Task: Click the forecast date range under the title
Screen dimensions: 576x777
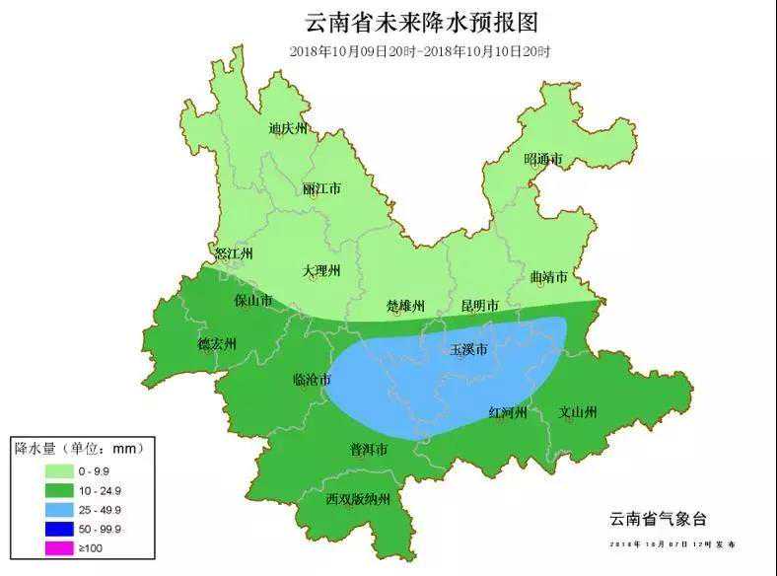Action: coord(422,51)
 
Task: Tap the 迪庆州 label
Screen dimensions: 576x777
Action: coord(288,129)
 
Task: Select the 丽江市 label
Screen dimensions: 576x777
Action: coord(321,188)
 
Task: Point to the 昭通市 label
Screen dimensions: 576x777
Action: coord(542,159)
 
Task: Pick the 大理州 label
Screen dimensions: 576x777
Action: coord(320,271)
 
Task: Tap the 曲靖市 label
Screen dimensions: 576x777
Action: coord(548,278)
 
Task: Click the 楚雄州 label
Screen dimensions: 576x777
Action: coord(405,306)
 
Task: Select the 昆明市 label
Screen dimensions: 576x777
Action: coord(480,306)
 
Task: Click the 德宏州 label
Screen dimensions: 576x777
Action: coord(217,344)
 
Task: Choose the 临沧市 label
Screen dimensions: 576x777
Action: coord(313,380)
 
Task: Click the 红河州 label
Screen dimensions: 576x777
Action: coord(509,412)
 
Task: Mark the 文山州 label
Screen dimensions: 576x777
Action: coord(578,412)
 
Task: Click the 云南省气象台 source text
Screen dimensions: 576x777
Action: coord(658,519)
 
